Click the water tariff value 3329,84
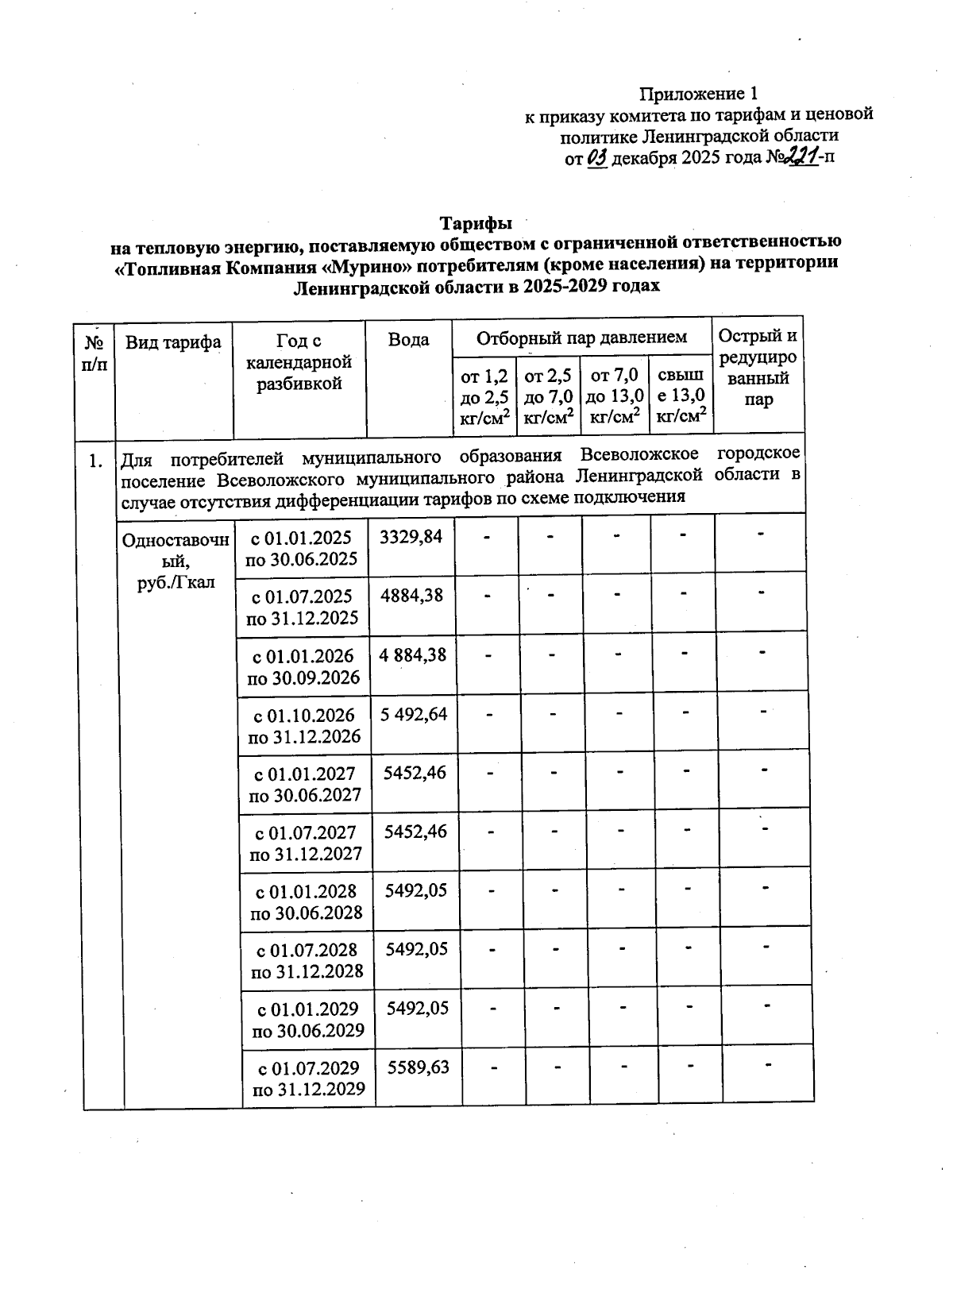(x=411, y=537)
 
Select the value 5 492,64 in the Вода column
(x=414, y=714)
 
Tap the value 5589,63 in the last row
(x=418, y=1067)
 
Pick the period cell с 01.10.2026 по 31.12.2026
(x=304, y=726)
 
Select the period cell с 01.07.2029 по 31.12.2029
(x=308, y=1079)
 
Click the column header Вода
(x=408, y=340)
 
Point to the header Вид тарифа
(x=173, y=342)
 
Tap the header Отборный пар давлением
(x=581, y=337)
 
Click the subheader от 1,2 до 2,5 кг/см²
(x=484, y=396)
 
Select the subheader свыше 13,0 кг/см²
(x=681, y=395)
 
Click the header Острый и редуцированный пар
(x=758, y=368)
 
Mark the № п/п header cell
(x=95, y=353)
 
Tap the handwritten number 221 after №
(x=801, y=156)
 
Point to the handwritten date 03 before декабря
(x=598, y=157)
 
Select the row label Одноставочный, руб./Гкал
(x=176, y=561)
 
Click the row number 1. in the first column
(x=95, y=460)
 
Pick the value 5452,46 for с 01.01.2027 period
(x=415, y=772)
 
